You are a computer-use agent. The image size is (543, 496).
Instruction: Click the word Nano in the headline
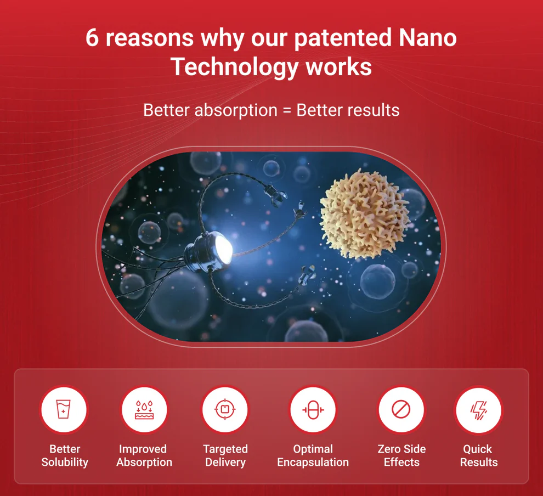pos(428,38)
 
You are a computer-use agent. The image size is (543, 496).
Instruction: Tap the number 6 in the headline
pos(92,38)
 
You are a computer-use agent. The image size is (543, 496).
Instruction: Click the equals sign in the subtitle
pos(287,111)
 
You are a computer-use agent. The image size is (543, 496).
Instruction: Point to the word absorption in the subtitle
pos(236,111)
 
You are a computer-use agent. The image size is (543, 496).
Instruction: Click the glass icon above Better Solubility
pos(64,409)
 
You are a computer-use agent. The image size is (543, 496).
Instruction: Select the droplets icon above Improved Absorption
pos(144,410)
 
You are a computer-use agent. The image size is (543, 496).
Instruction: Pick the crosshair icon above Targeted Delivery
pos(225,409)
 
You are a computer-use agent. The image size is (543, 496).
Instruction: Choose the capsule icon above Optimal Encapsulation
pos(313,410)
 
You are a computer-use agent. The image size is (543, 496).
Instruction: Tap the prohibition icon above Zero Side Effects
pos(401,410)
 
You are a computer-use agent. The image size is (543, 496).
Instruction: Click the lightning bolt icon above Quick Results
pos(479,410)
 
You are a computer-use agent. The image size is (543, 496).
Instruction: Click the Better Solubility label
pos(65,455)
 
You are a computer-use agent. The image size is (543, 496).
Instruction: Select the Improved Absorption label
pos(144,455)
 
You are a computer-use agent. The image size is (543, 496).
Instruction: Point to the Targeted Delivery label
pos(225,455)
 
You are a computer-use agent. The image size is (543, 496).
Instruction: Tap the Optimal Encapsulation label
pos(313,455)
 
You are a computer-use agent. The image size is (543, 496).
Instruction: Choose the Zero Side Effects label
pos(401,455)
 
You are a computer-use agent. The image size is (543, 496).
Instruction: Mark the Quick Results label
pos(479,455)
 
